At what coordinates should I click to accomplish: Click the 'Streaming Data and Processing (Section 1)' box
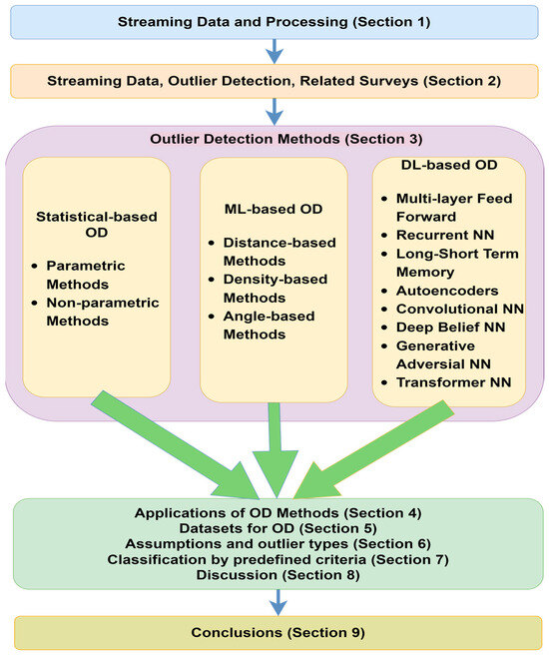[274, 21]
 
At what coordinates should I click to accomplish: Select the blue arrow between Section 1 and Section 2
[274, 51]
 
